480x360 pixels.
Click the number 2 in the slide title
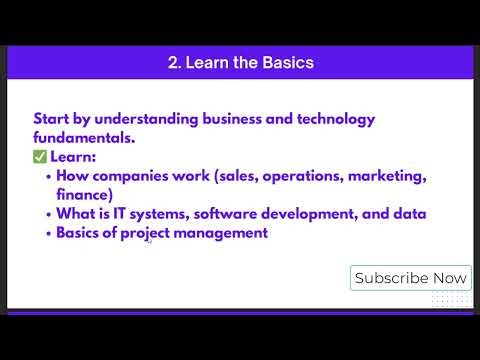pos(173,63)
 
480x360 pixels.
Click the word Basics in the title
pos(286,63)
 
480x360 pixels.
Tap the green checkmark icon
pos(40,157)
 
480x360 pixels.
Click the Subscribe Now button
pos(410,278)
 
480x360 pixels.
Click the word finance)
pos(85,195)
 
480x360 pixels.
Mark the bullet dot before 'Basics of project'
pos(49,233)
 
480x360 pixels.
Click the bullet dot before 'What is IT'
pos(49,214)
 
